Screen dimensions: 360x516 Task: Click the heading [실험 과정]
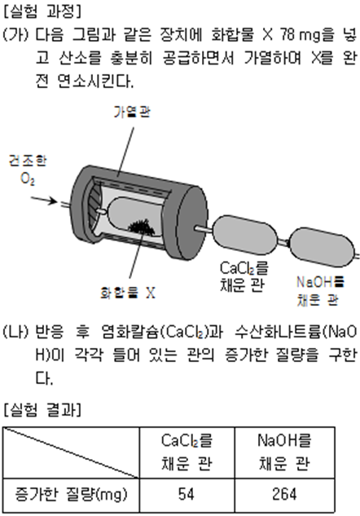click(42, 12)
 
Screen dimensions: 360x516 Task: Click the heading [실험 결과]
click(42, 410)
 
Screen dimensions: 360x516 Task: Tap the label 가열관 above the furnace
click(132, 112)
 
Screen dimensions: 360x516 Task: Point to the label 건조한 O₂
click(28, 170)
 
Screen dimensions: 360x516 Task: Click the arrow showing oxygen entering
click(44, 200)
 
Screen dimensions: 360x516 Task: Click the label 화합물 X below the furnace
click(128, 293)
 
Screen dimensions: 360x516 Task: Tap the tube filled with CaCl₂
click(245, 235)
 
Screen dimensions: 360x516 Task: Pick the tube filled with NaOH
click(322, 247)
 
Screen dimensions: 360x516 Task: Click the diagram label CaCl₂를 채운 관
click(244, 276)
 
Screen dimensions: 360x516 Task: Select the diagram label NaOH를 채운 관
click(320, 291)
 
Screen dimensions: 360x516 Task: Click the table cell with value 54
click(187, 495)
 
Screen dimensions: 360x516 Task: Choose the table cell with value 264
click(285, 495)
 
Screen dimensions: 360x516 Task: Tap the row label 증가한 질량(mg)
click(71, 495)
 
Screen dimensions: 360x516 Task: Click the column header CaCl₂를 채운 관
click(187, 452)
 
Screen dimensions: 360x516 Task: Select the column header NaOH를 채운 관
click(285, 452)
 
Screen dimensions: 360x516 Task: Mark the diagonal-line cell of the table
click(72, 452)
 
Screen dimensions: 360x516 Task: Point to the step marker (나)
click(15, 332)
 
